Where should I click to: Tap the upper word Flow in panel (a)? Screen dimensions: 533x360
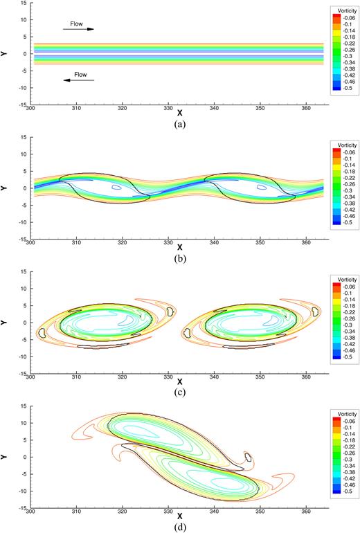click(76, 24)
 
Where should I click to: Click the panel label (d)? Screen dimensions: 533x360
click(180, 527)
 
